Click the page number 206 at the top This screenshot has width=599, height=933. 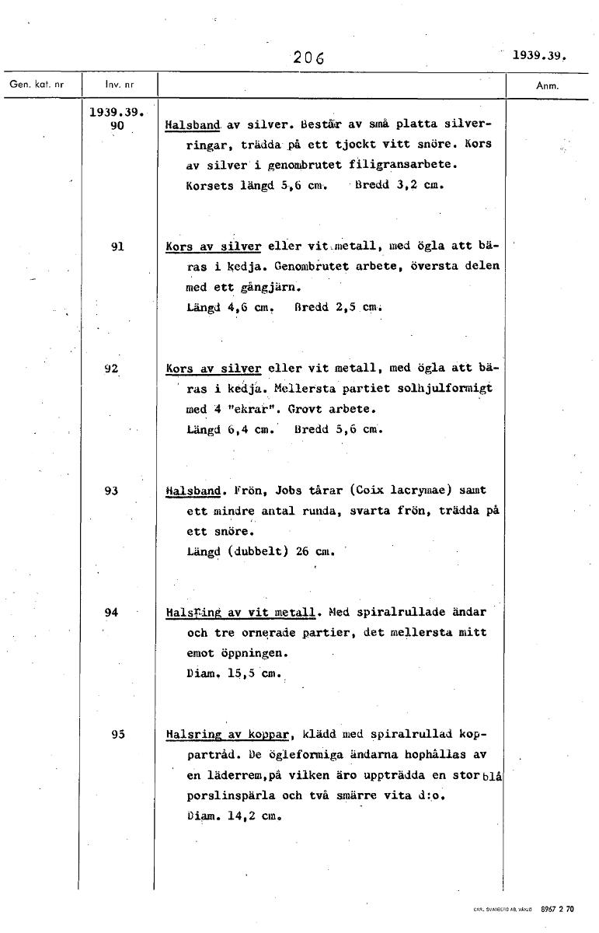pyautogui.click(x=308, y=57)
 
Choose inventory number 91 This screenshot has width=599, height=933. pyautogui.click(x=118, y=246)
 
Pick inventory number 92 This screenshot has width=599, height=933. pyautogui.click(x=112, y=369)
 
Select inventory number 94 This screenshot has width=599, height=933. pyautogui.click(x=112, y=612)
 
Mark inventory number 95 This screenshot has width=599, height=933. pyautogui.click(x=119, y=733)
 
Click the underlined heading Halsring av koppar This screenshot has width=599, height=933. pyautogui.click(x=228, y=734)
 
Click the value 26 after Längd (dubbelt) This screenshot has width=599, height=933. pyautogui.click(x=303, y=551)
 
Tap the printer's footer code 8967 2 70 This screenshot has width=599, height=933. pyautogui.click(x=557, y=908)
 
